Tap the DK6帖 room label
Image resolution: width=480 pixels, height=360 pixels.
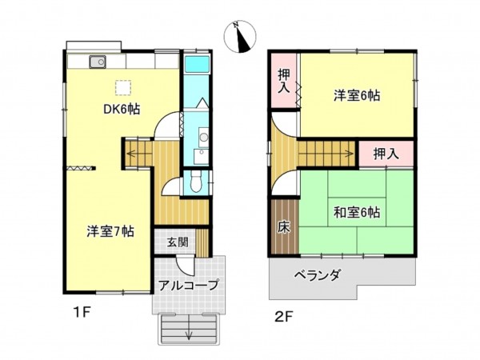coord(120,110)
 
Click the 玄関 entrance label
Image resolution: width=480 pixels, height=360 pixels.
coord(178,242)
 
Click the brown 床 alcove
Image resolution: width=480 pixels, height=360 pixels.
coord(283,226)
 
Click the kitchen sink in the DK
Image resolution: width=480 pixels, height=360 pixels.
coord(97,62)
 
